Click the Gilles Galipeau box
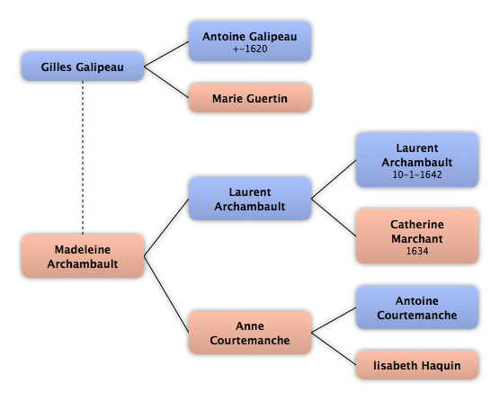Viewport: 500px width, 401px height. (83, 67)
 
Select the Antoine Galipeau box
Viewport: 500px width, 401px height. (250, 41)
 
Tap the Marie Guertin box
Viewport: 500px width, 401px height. (250, 98)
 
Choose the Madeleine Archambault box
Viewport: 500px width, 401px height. (83, 256)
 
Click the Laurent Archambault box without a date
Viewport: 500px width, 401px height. (250, 199)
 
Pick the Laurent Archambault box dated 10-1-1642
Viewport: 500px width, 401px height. (417, 160)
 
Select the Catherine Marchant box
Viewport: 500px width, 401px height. (417, 236)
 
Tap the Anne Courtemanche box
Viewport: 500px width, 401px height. (250, 333)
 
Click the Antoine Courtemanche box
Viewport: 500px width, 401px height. (417, 307)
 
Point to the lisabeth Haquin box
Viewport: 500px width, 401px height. (417, 365)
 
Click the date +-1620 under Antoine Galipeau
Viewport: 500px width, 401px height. (250, 49)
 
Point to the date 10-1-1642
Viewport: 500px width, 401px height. (417, 174)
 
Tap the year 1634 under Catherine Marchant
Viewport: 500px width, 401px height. (417, 251)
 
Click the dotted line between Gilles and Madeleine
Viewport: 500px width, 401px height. (83, 157)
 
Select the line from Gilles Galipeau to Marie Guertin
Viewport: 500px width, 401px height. (166, 82)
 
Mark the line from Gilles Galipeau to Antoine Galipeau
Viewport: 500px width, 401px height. (166, 54)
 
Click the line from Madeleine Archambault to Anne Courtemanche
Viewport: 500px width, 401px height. (166, 294)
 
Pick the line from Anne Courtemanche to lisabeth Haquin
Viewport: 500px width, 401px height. (334, 349)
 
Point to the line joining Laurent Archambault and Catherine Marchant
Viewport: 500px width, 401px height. (334, 218)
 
